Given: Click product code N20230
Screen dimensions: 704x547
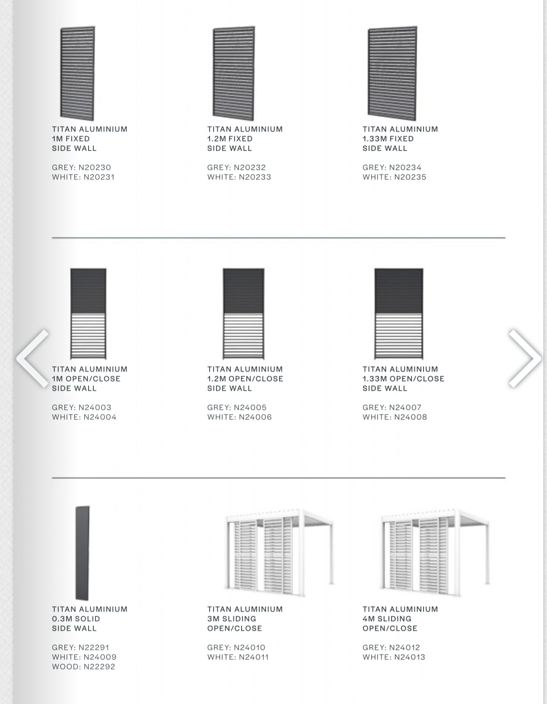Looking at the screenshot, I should point(95,168).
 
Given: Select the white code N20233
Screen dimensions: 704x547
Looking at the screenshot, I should point(254,177).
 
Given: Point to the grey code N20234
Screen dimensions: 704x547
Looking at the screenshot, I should point(405,168).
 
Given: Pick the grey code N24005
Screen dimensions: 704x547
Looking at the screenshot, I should point(250,408).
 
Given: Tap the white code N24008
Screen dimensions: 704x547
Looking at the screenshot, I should point(410,417).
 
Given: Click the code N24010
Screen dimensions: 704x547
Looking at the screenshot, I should point(249,648).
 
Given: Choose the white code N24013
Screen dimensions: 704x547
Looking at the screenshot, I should point(409,657).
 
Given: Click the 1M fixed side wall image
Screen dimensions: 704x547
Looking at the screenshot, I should point(78,73).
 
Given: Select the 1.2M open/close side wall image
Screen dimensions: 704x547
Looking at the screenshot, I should point(244,314).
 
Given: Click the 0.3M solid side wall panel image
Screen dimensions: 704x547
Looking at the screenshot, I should point(82,553).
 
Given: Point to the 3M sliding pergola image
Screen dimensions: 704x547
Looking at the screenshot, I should point(279,551).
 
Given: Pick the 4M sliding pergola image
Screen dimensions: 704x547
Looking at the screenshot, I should point(434,551).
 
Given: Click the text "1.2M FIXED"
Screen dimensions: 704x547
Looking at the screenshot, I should point(230,139).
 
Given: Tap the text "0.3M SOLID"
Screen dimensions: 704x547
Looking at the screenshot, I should point(76,619).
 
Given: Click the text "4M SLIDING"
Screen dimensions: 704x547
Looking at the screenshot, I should point(387,619).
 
